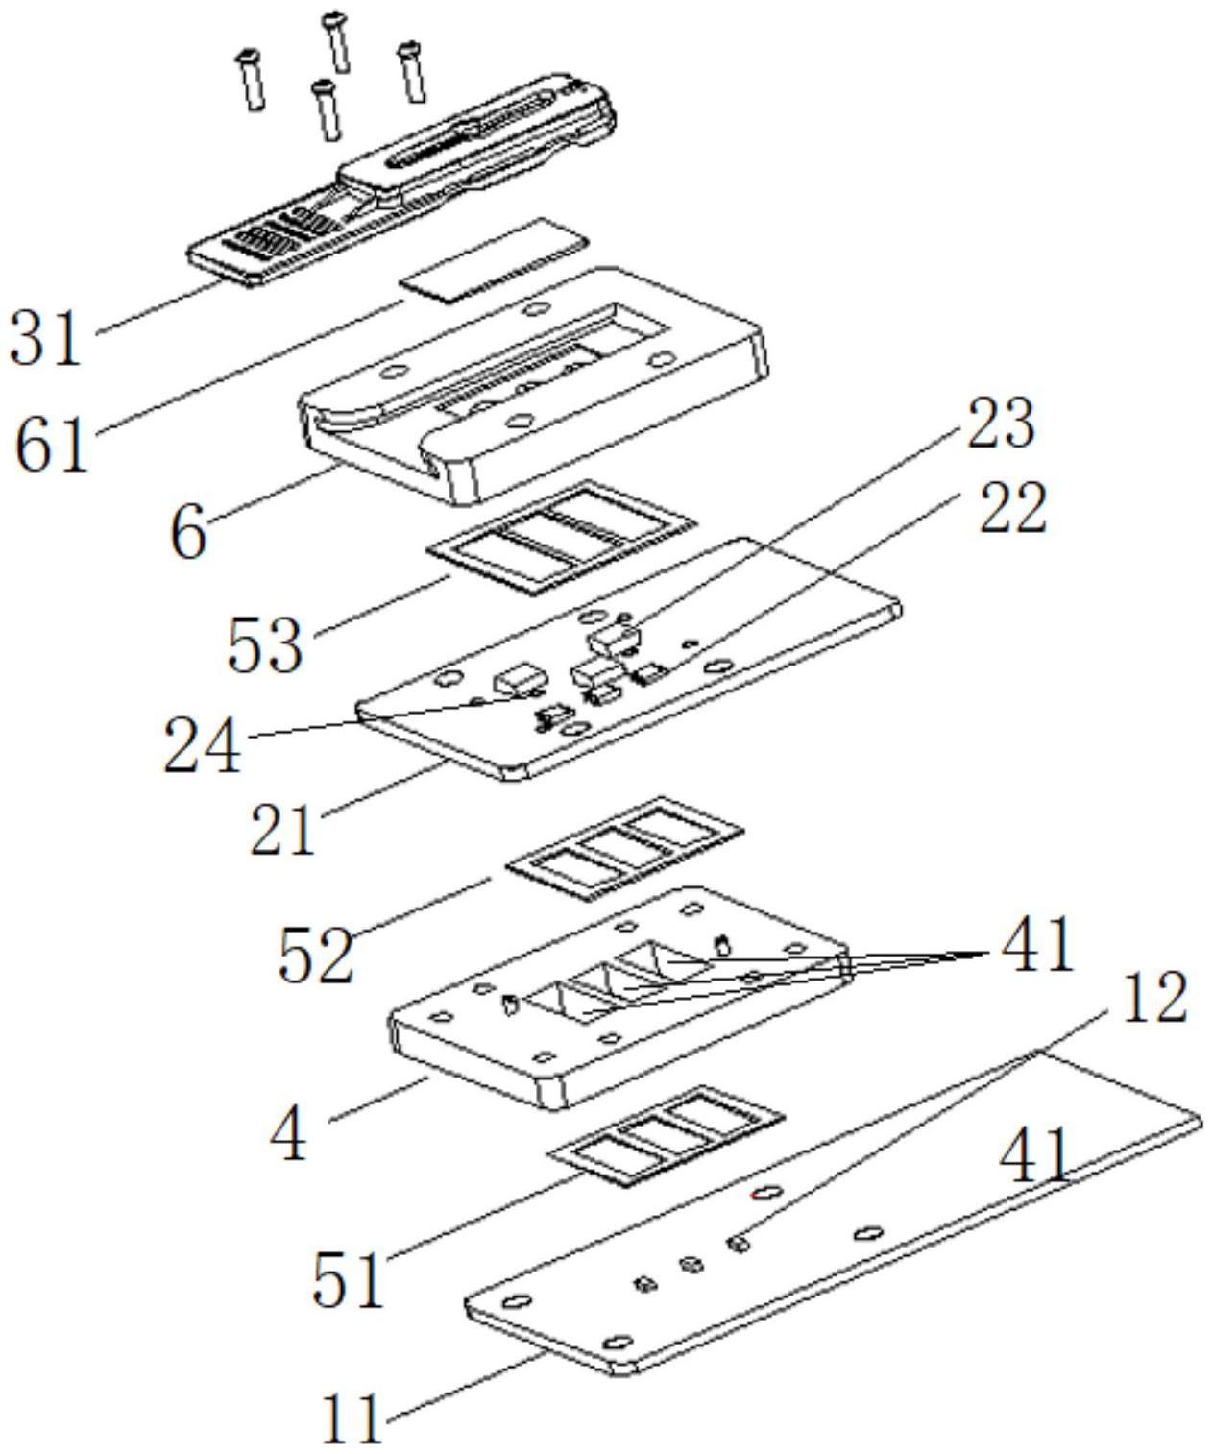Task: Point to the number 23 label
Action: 997,424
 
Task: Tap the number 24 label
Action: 202,746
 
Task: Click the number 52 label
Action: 316,954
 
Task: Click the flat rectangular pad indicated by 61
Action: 494,259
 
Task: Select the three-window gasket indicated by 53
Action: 561,537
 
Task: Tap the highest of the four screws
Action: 337,41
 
